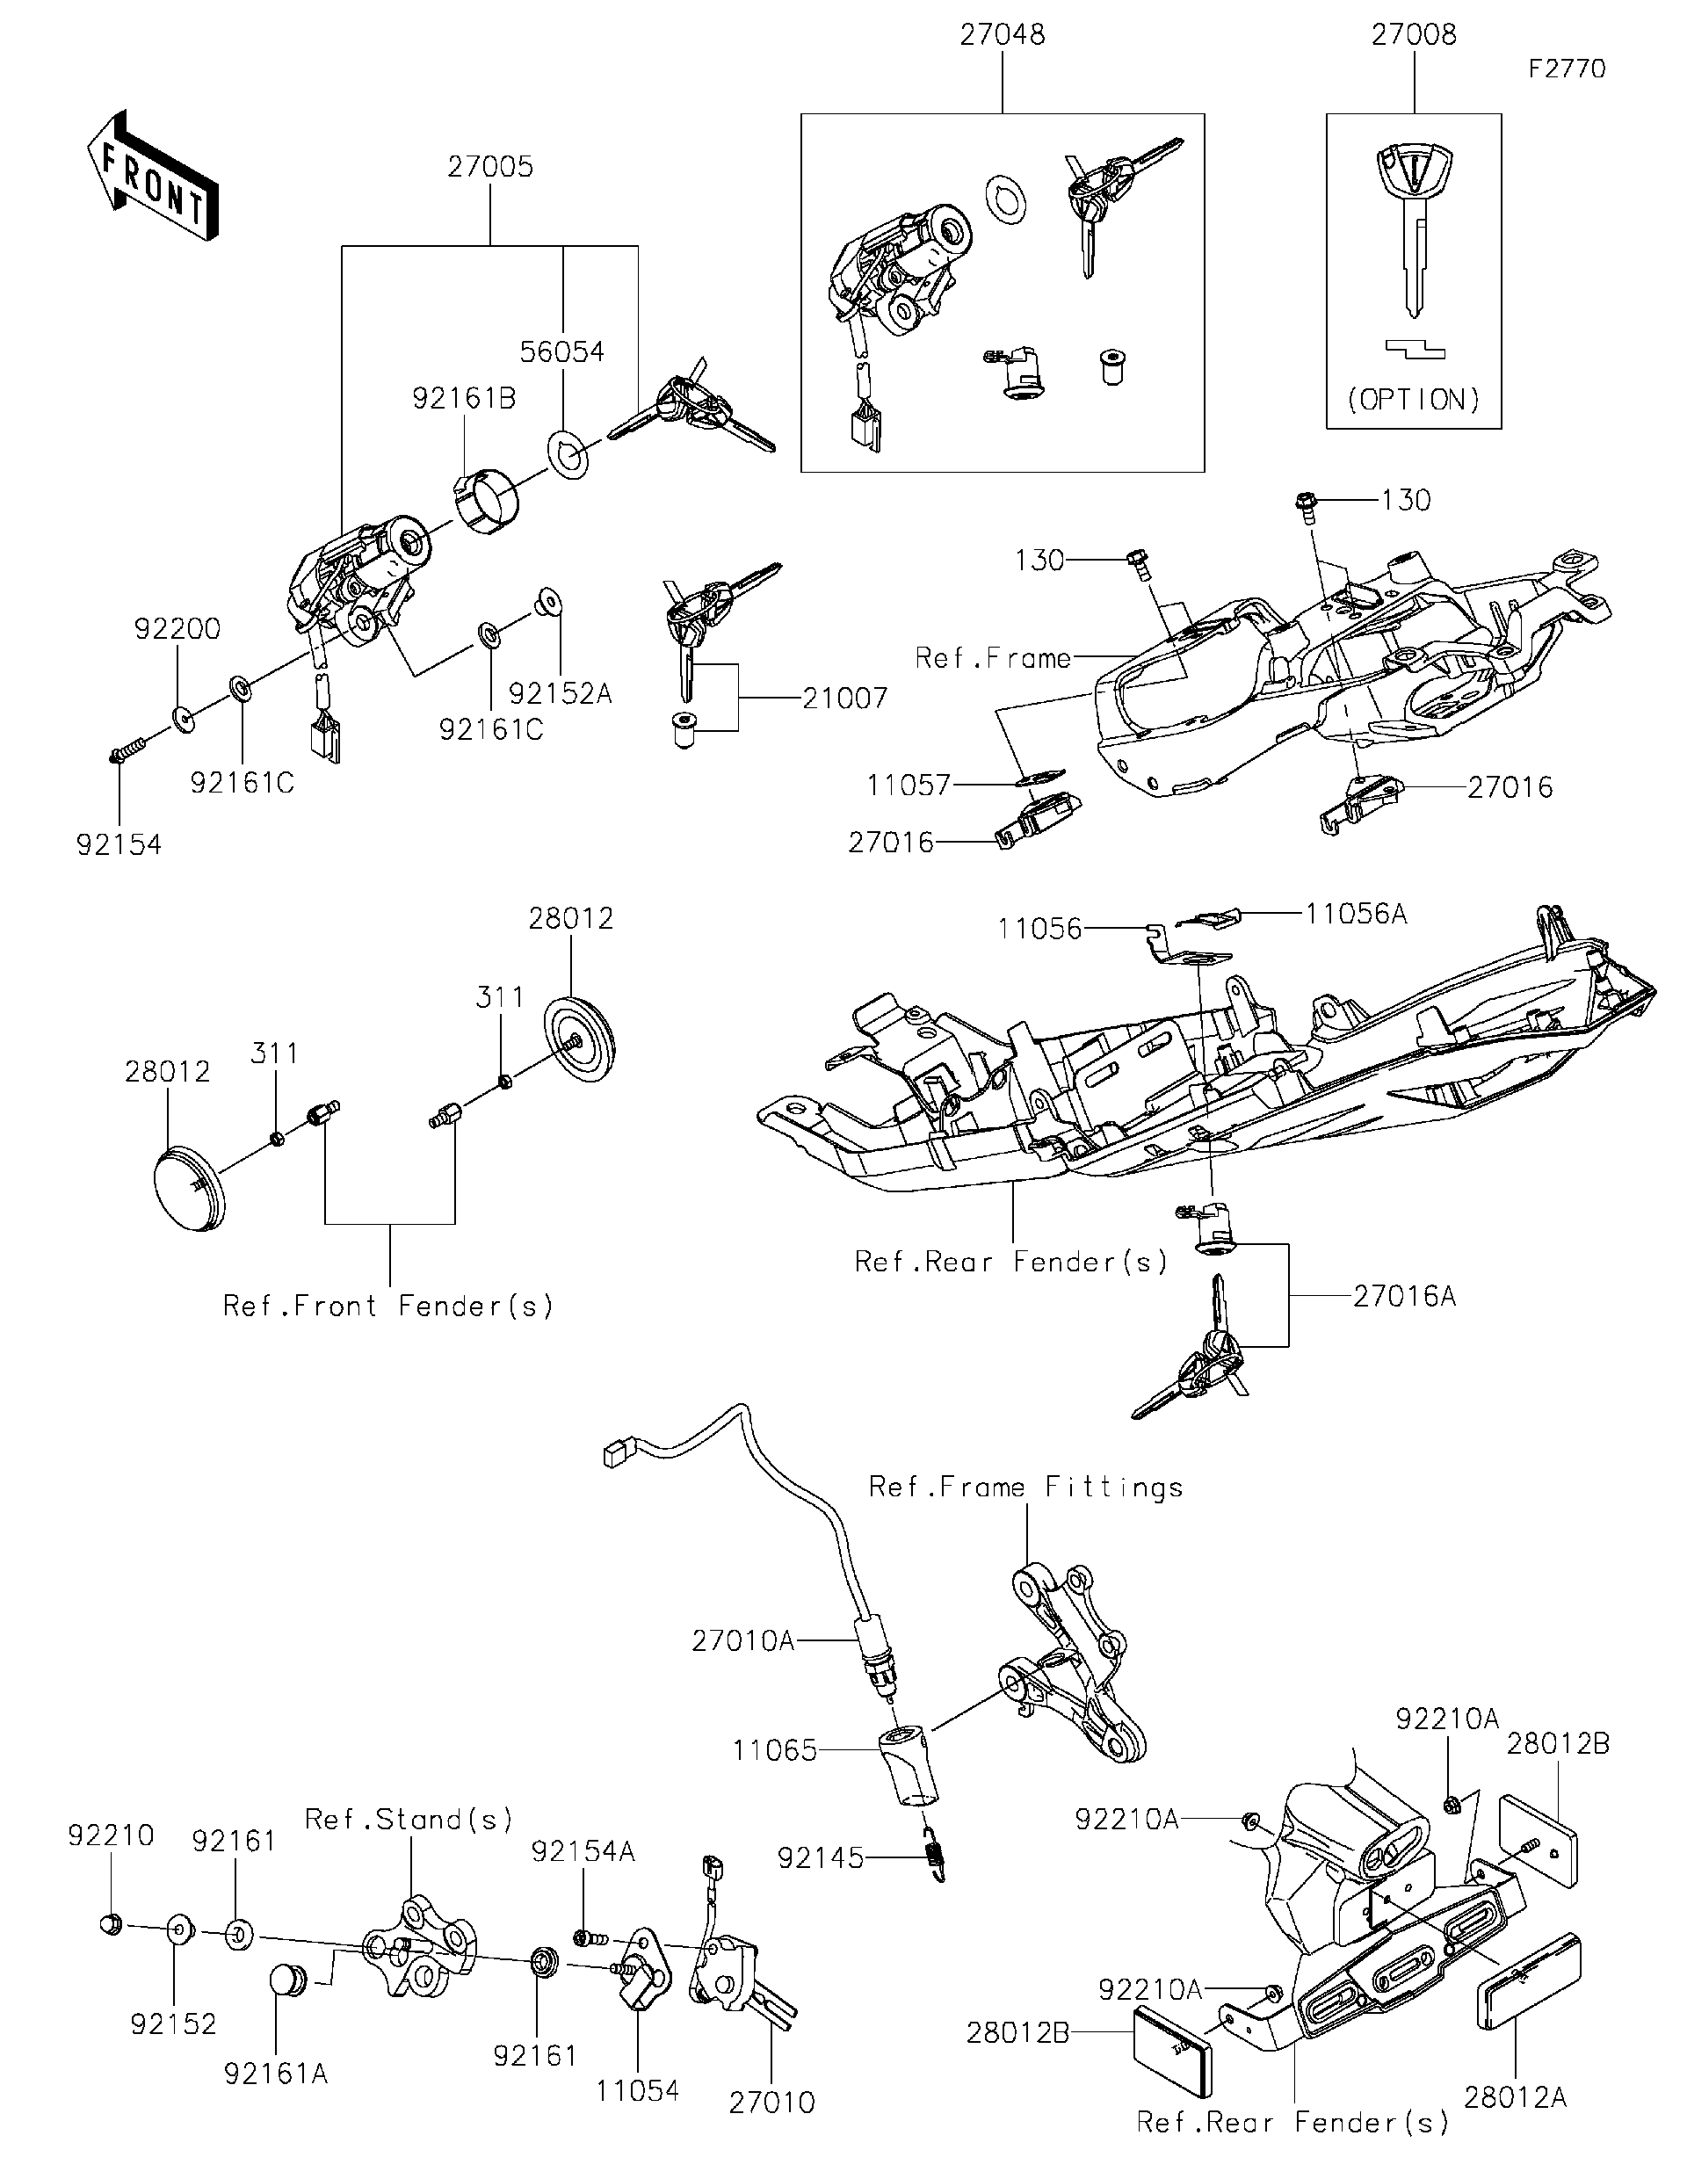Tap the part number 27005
pos(489,167)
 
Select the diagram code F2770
pos(1568,69)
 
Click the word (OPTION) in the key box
pos(1413,400)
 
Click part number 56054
pos(561,352)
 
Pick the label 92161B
pos(464,399)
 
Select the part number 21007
pos(844,699)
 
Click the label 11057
pos(908,786)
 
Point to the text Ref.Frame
pos(993,658)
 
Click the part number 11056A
pos(1356,914)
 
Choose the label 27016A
pos(1404,1296)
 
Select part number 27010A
pos(742,1640)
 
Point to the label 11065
pos(774,1750)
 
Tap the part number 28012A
pos(1515,2097)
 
